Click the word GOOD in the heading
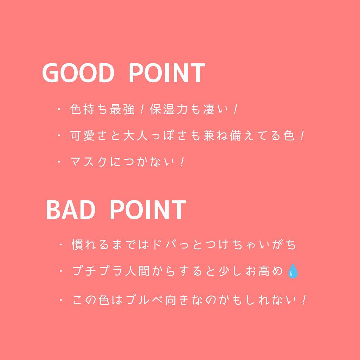pos(78,73)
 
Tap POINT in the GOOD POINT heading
pos(166,73)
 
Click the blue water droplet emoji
pos(292,271)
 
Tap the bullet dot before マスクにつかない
pos(59,162)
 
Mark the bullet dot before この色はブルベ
pos(62,300)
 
